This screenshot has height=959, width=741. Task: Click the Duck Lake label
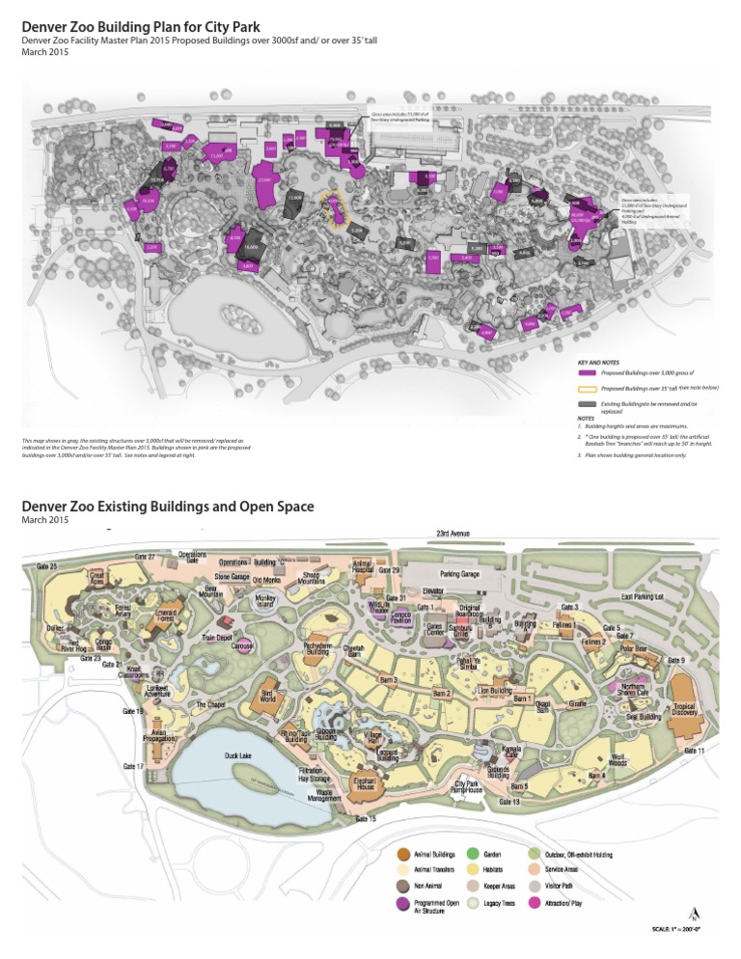pos(238,755)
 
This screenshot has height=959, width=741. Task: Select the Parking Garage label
pos(461,573)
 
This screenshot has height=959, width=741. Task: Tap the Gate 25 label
pos(47,564)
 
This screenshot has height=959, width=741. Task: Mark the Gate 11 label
pos(695,751)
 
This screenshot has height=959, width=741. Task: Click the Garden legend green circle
pos(473,854)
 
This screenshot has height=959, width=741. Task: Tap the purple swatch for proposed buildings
pos(586,372)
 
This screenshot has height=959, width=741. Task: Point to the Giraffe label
pos(578,705)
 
